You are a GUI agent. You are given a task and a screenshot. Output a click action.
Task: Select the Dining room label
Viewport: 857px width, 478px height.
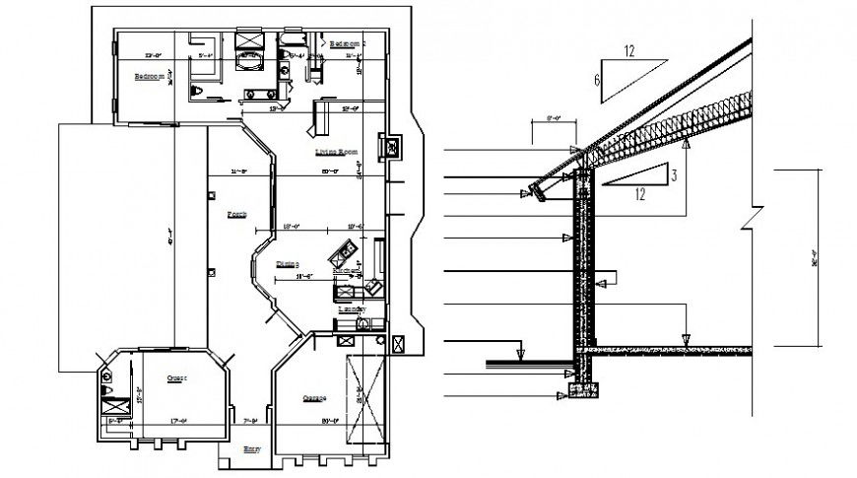[x=288, y=263]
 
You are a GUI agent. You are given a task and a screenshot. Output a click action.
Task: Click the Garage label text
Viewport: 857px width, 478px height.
[x=314, y=399]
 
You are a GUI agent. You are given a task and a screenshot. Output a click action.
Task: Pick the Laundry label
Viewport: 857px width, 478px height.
[x=352, y=309]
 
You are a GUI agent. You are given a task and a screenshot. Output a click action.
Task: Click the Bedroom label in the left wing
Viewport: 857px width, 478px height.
[x=150, y=76]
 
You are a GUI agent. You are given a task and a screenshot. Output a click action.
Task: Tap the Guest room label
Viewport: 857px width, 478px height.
[x=177, y=377]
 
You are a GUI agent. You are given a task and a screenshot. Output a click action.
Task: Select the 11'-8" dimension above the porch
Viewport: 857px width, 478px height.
[x=237, y=171]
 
